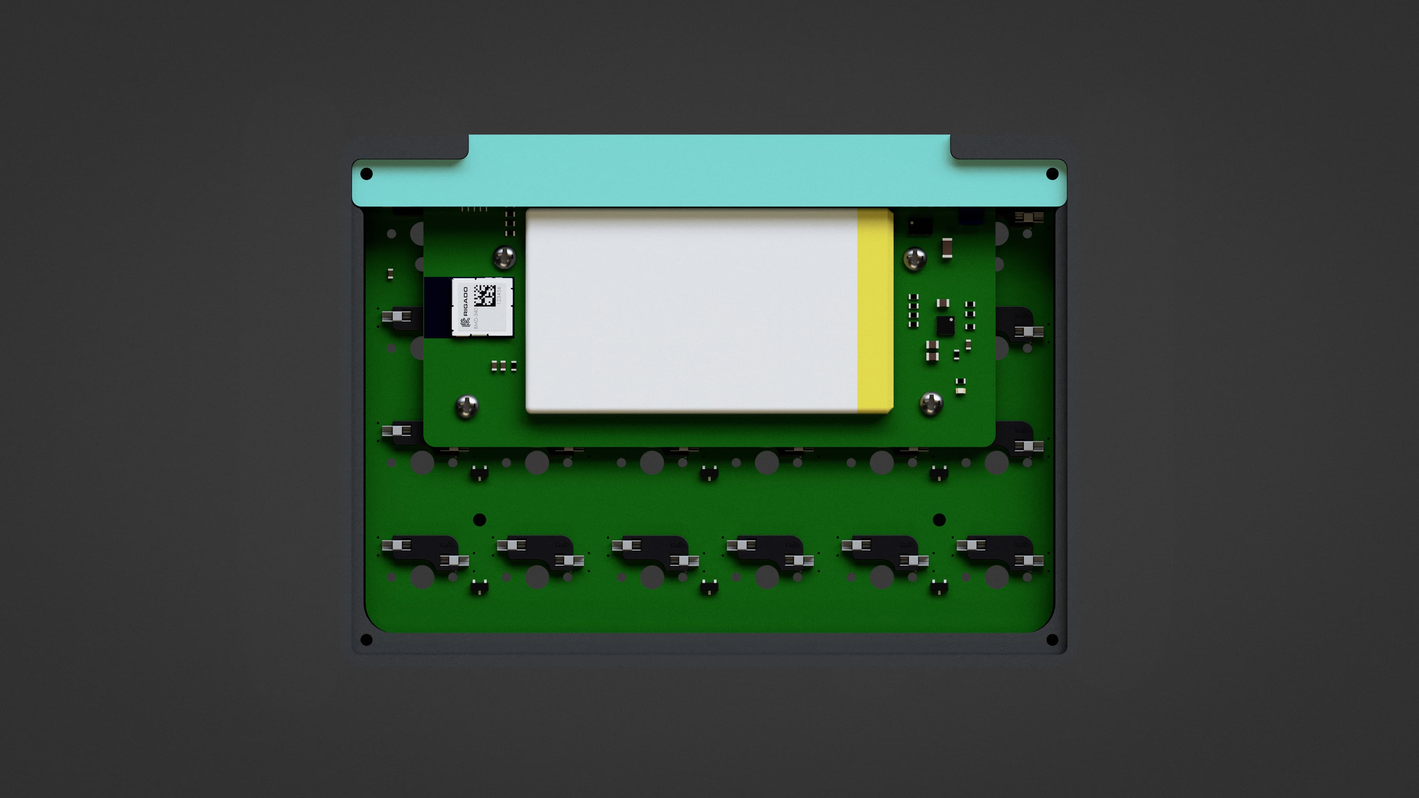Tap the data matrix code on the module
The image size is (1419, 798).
click(484, 295)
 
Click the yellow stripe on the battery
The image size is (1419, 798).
click(875, 310)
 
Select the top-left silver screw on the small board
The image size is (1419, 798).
click(504, 257)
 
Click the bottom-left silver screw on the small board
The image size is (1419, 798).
click(467, 406)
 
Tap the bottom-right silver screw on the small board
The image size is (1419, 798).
click(931, 404)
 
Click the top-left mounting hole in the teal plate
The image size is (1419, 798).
click(366, 174)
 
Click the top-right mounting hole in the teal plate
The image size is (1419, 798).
click(1052, 174)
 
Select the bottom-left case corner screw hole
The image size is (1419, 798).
click(366, 640)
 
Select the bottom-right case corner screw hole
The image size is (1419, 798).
click(1052, 640)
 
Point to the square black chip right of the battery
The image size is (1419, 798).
click(945, 325)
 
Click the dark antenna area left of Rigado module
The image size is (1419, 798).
click(438, 307)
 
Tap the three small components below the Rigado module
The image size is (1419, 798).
click(503, 366)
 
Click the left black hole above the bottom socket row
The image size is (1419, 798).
click(479, 519)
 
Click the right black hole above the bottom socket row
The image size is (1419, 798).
click(939, 519)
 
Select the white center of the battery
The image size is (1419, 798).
click(691, 310)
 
